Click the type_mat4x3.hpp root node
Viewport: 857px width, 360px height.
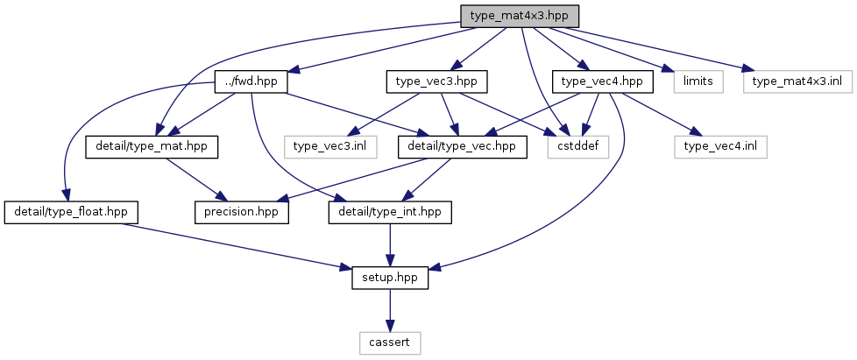tap(520, 17)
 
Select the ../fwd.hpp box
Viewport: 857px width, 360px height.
tap(252, 81)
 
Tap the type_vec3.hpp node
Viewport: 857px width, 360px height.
tap(436, 81)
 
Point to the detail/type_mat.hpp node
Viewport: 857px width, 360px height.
tap(152, 147)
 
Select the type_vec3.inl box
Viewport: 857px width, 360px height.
tap(330, 147)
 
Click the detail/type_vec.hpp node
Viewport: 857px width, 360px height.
tap(463, 147)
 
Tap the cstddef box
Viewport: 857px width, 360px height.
tap(578, 147)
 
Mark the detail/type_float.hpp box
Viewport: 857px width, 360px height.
tap(71, 213)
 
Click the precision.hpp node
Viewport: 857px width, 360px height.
tap(242, 213)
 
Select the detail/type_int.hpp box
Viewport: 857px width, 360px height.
tap(390, 213)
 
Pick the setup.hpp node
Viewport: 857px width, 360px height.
tap(390, 278)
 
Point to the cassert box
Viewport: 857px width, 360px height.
tap(390, 343)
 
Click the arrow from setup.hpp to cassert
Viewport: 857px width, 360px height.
tap(390, 310)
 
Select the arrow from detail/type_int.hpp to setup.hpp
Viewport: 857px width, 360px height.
tap(390, 245)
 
